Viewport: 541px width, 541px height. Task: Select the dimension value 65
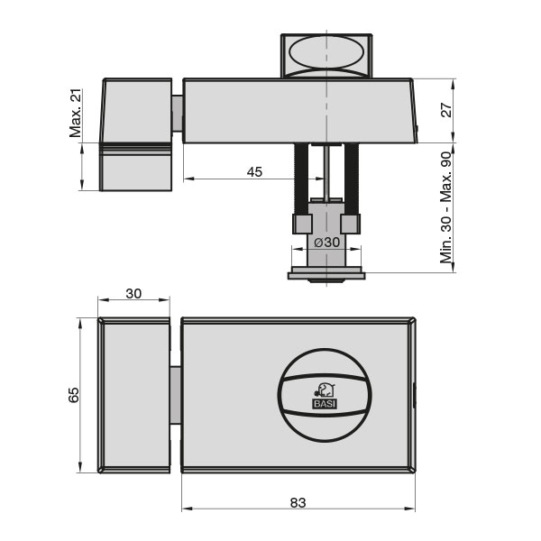(x=75, y=395)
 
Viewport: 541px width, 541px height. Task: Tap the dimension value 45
(x=254, y=171)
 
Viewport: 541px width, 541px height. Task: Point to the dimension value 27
(x=444, y=110)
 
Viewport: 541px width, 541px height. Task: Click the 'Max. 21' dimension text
(x=76, y=113)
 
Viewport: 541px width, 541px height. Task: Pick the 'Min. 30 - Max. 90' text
(x=445, y=207)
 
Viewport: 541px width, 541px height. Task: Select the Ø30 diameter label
(x=326, y=242)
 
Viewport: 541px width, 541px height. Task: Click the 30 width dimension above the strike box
(x=133, y=293)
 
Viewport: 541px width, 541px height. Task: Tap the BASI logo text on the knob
(x=325, y=404)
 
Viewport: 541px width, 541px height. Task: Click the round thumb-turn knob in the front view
(x=325, y=395)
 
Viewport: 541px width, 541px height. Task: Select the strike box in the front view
(x=133, y=395)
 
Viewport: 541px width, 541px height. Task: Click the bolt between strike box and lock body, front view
(x=176, y=395)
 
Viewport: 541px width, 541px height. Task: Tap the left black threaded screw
(x=300, y=180)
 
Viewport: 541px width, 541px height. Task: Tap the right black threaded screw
(x=351, y=180)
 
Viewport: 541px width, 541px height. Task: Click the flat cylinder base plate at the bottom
(x=326, y=275)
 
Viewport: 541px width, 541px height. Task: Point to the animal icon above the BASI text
(x=325, y=390)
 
